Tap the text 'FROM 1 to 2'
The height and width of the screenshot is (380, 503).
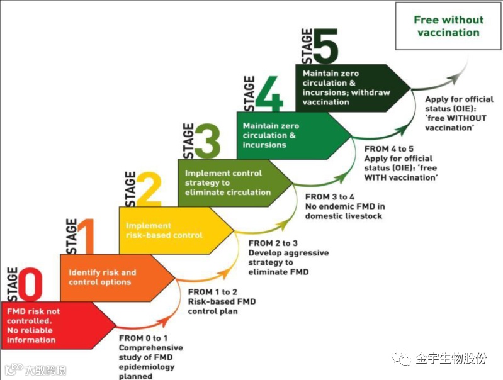[212, 292]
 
